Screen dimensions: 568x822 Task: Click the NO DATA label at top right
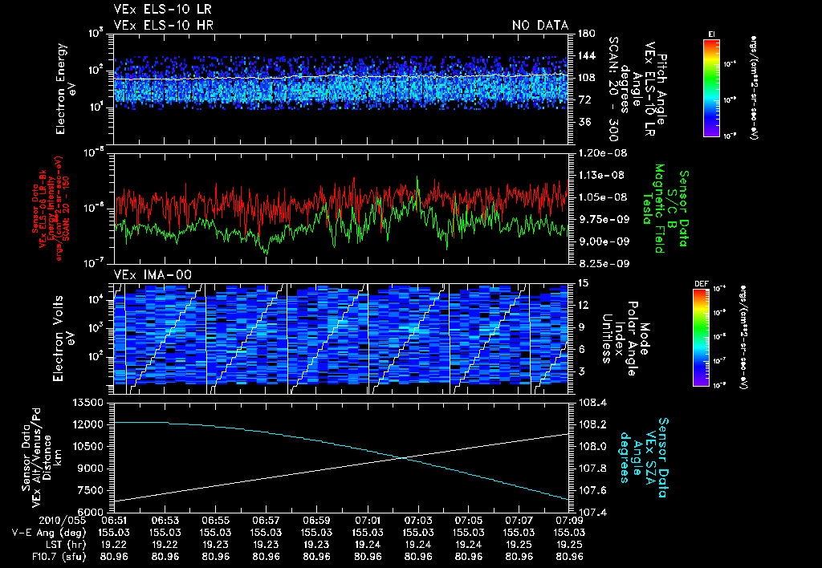tap(540, 26)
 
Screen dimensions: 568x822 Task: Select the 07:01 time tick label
tap(368, 521)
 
